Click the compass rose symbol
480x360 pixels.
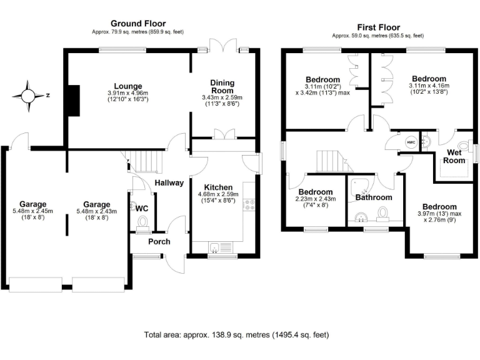click(29, 96)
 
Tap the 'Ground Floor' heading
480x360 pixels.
click(137, 23)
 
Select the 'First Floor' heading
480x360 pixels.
click(377, 27)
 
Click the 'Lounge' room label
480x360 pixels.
click(127, 86)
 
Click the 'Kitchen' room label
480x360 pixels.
click(219, 187)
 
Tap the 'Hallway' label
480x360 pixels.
click(169, 183)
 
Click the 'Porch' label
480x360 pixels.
click(159, 241)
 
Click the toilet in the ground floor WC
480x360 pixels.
click(142, 222)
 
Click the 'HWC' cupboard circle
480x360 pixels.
click(411, 142)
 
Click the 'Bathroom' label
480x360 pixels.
click(373, 197)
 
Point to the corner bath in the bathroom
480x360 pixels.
click(358, 185)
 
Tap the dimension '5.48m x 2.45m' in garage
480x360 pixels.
click(36, 211)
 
